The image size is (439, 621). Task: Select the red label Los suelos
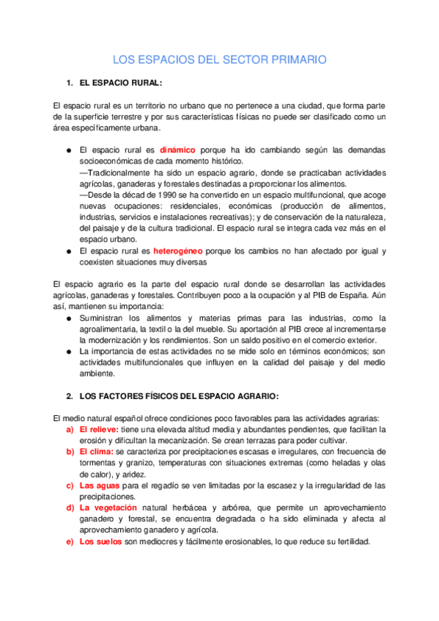100,542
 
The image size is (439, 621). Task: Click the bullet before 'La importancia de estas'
67,352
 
